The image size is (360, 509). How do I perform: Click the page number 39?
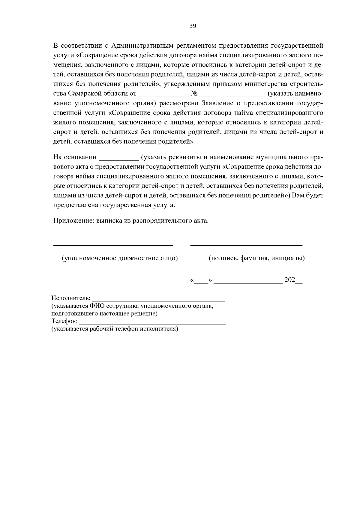(x=193, y=26)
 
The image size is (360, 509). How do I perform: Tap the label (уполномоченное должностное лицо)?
(x=120, y=258)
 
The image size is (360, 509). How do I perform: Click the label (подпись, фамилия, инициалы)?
(x=257, y=258)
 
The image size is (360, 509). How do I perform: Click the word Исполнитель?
(x=71, y=298)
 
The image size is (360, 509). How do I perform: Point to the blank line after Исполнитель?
(x=159, y=300)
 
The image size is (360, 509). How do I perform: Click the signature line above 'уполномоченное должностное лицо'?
(x=113, y=245)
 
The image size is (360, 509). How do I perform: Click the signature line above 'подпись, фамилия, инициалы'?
(x=246, y=245)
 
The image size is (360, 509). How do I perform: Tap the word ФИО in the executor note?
(x=96, y=306)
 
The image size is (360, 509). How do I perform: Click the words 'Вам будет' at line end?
(x=307, y=196)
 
